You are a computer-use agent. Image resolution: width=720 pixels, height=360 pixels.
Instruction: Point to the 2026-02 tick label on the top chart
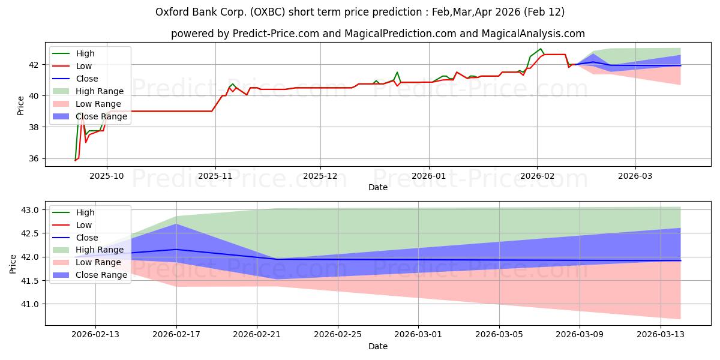pos(537,176)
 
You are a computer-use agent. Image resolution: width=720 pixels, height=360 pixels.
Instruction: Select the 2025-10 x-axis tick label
pos(107,176)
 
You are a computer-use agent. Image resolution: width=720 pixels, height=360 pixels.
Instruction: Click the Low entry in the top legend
pos(85,66)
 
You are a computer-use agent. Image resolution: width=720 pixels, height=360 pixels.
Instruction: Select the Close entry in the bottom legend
pos(87,238)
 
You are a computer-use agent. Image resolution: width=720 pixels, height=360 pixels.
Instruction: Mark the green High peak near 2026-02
pos(541,49)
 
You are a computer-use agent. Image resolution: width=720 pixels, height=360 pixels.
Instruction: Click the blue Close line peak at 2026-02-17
pos(176,249)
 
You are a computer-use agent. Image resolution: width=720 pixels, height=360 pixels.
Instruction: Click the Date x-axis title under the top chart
pos(378,187)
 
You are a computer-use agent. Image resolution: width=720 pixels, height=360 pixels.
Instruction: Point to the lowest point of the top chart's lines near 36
pos(75,160)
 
